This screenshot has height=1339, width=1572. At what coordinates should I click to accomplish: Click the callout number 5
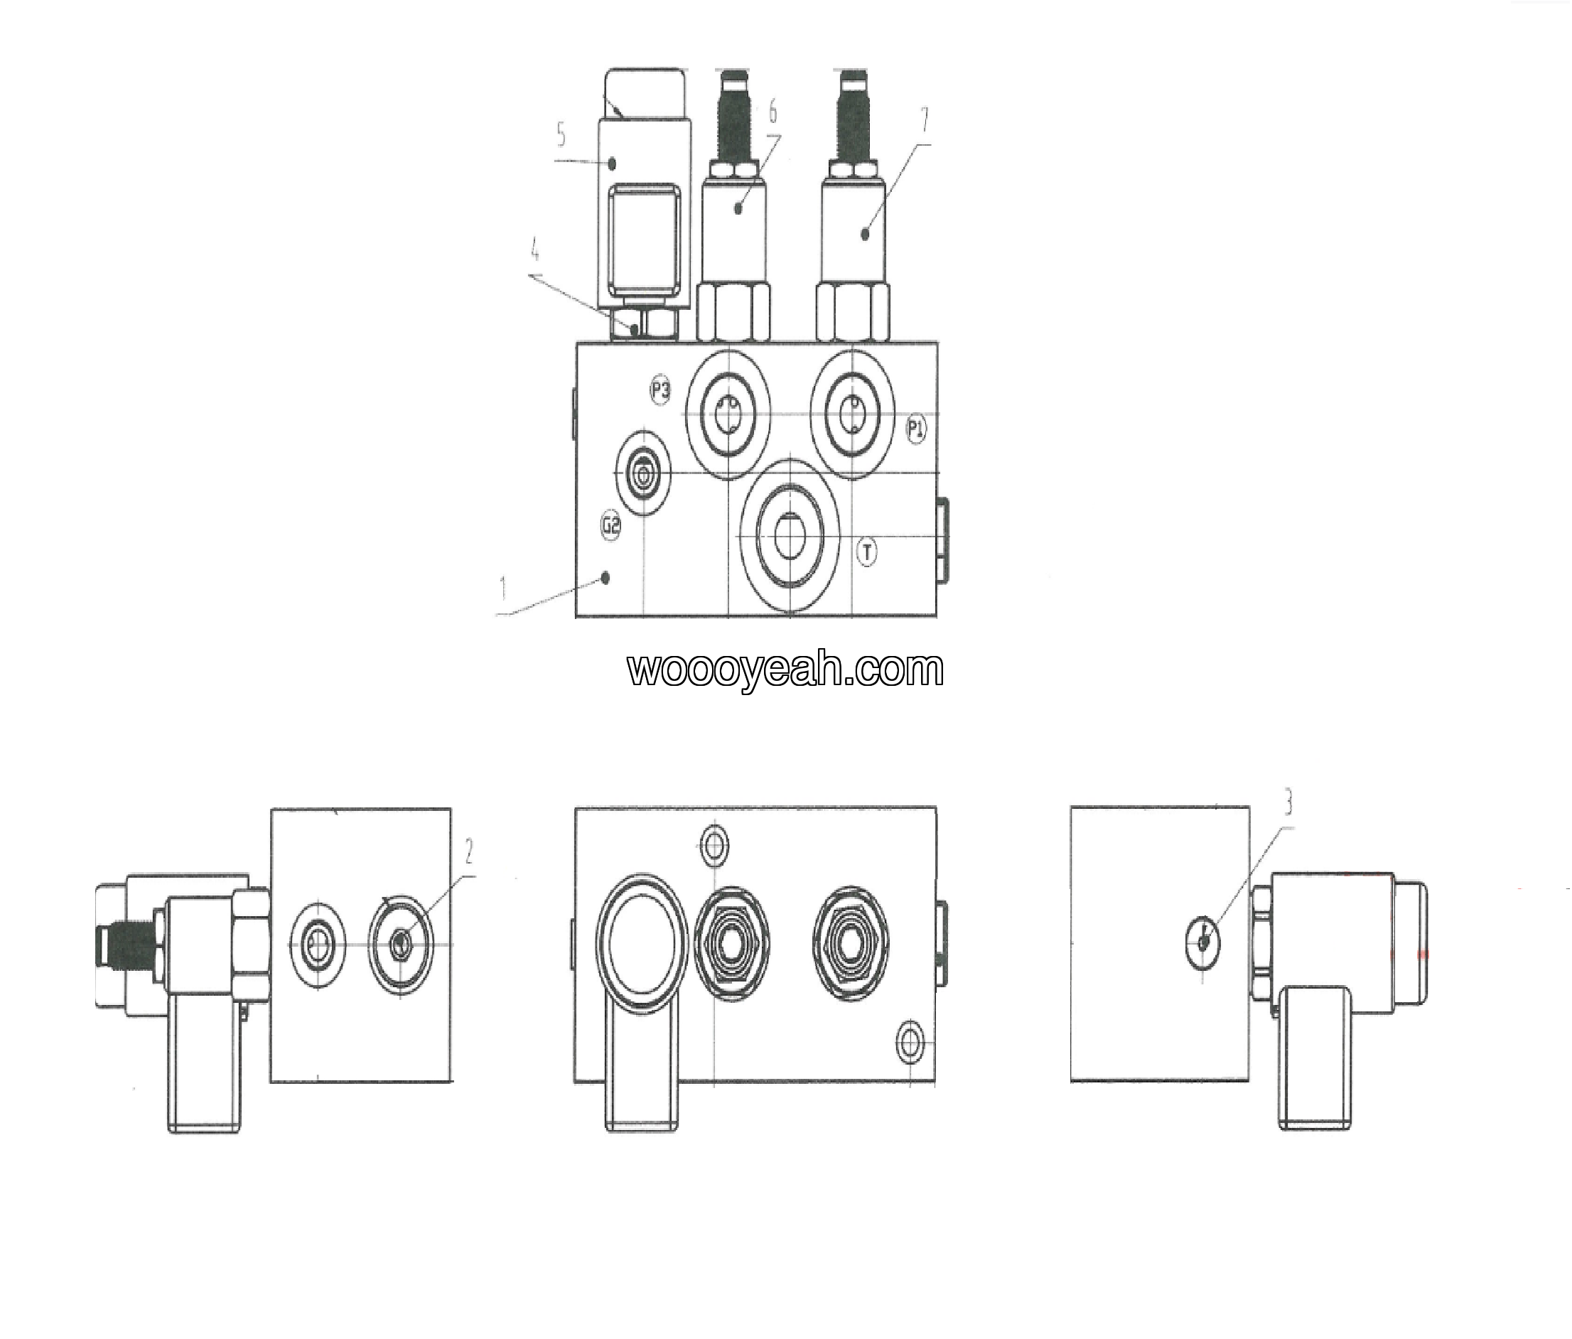coord(561,135)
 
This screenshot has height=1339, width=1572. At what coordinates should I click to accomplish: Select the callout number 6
coord(772,112)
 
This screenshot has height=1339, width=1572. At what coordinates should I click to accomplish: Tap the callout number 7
coord(924,119)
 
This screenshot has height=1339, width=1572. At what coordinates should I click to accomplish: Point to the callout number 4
coord(535,249)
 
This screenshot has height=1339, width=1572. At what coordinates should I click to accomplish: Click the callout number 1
coord(502,588)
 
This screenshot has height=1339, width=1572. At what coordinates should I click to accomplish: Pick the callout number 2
coord(469,851)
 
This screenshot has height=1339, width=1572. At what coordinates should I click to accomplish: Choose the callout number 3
coord(1288,802)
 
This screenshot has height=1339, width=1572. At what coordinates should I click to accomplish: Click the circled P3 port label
coord(660,390)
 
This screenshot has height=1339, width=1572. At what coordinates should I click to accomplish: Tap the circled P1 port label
coord(917,429)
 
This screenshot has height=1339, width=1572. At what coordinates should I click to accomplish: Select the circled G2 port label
coord(610,525)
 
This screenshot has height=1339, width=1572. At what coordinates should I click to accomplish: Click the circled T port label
coord(866,551)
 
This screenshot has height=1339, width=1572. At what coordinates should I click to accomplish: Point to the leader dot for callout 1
coord(605,579)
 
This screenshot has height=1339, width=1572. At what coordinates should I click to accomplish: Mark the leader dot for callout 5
coord(611,161)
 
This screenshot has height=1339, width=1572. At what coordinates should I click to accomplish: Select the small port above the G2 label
coord(644,475)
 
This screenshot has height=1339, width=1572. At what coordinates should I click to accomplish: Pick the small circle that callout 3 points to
coord(1203,942)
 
